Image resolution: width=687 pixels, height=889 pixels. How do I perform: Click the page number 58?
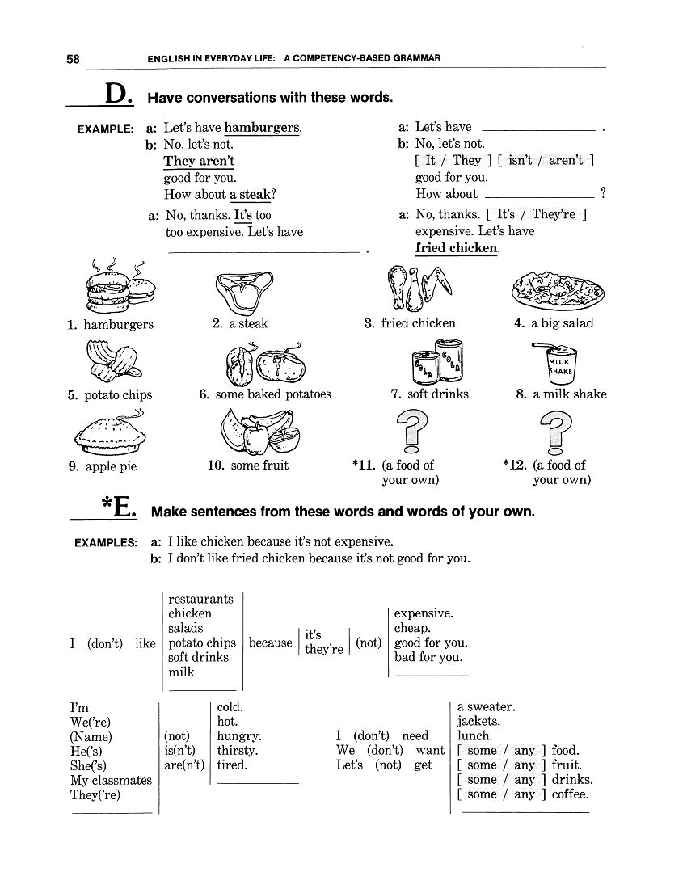pos(73,58)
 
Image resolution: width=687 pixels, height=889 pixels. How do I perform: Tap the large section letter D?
pos(118,95)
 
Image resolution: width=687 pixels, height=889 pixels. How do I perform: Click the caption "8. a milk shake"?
pos(561,394)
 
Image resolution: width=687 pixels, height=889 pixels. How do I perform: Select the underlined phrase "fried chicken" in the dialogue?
pos(457,248)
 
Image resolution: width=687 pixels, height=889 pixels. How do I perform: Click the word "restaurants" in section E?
pos(200,599)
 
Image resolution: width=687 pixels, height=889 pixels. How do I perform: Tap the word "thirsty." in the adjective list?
pos(238,750)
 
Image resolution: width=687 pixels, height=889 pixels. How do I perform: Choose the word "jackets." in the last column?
pos(478,721)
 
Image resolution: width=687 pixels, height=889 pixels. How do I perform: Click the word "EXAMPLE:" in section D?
pos(105,129)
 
